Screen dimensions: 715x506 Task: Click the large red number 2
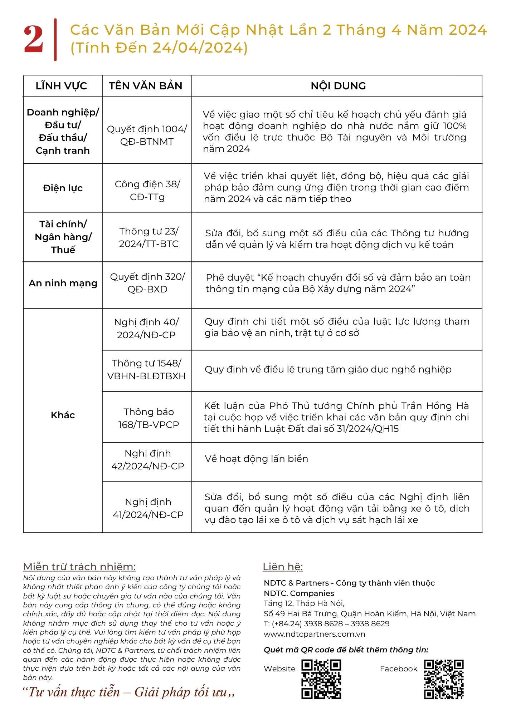click(x=33, y=39)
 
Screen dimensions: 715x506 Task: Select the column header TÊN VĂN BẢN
click(x=146, y=86)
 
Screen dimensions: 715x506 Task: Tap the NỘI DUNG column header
click(x=338, y=86)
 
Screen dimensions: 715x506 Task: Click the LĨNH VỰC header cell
click(x=61, y=86)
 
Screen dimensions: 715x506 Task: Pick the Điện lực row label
click(x=63, y=188)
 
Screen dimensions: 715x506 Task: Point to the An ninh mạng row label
click(x=63, y=283)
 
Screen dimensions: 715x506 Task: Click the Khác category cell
click(x=63, y=415)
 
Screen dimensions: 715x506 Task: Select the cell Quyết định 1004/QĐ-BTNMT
click(x=147, y=135)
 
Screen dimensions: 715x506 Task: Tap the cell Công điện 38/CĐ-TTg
click(x=147, y=191)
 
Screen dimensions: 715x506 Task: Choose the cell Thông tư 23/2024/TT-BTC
click(x=149, y=237)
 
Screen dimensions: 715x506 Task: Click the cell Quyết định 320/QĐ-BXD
click(x=147, y=283)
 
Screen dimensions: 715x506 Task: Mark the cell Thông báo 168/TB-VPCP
click(x=149, y=418)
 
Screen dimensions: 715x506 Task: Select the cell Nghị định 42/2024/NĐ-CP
click(x=147, y=460)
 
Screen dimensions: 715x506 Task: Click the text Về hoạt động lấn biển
click(x=256, y=459)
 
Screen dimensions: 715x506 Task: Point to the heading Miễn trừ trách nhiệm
click(x=79, y=567)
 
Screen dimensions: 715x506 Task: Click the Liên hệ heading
click(x=283, y=567)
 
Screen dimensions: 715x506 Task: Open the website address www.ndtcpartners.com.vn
click(x=314, y=634)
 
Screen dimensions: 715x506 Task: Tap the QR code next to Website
click(x=321, y=679)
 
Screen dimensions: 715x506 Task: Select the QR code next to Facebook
click(x=444, y=679)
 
